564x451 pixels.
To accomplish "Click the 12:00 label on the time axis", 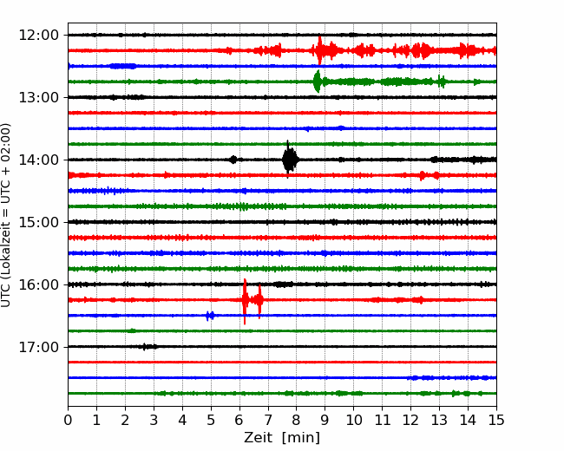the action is (38, 36).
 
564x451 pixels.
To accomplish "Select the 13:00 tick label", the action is (38, 97).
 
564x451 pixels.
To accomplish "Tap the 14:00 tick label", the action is (38, 160).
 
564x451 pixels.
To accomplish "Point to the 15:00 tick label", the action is (38, 222).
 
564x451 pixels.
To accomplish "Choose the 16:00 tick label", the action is (38, 284).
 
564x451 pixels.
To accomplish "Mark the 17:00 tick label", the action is (38, 347).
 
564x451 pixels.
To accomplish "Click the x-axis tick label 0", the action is (68, 420).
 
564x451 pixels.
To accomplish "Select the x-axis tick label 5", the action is (211, 420).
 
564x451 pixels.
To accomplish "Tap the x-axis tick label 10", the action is (353, 420).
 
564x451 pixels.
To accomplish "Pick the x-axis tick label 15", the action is (496, 420).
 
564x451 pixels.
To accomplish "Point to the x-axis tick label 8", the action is (297, 420).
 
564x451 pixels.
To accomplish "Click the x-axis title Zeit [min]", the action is (282, 438).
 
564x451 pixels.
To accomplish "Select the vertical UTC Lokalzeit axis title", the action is (6, 215).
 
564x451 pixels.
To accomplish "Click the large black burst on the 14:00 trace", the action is (290, 160).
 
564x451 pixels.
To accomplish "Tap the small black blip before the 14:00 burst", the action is (233, 160).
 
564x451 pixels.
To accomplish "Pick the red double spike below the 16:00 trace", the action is (252, 300).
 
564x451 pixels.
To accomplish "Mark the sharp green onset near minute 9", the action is (317, 82).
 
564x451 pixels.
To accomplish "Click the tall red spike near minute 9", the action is (319, 50).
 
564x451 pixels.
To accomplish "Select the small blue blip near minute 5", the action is (210, 316).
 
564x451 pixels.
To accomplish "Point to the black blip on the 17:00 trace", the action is (148, 347).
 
